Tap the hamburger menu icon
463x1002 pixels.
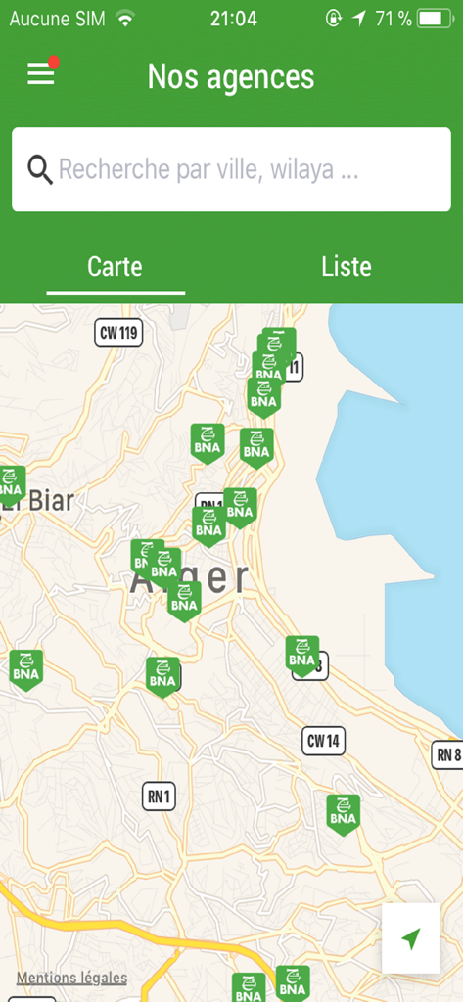click(40, 74)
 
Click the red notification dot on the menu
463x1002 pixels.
click(54, 63)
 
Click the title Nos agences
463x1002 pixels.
click(231, 76)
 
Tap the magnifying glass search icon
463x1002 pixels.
click(39, 170)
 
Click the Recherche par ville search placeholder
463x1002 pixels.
click(208, 170)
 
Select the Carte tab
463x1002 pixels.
click(115, 266)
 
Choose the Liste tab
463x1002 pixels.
click(347, 266)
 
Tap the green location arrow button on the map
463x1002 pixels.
click(410, 938)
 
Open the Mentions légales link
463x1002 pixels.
click(71, 977)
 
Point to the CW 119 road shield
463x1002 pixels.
click(119, 333)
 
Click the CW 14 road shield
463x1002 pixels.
click(323, 741)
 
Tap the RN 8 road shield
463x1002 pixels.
click(447, 754)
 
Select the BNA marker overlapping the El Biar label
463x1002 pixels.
click(10, 484)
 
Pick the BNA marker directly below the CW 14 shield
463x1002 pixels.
click(343, 812)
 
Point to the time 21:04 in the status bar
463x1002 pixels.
click(233, 18)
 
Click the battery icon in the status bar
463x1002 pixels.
click(434, 18)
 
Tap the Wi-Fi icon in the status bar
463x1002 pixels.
click(124, 18)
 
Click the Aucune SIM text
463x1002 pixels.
click(57, 18)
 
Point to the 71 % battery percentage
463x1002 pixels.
click(393, 18)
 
